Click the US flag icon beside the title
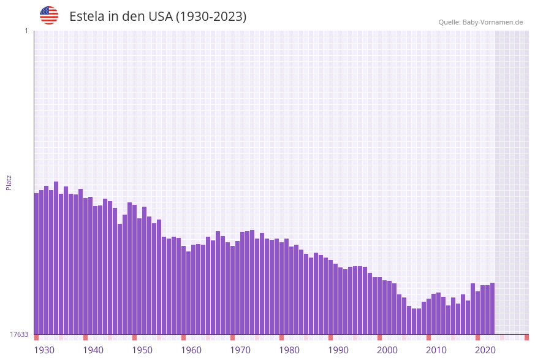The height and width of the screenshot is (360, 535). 49,15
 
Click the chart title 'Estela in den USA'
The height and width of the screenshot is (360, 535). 157,17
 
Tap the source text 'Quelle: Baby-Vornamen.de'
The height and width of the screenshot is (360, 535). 480,22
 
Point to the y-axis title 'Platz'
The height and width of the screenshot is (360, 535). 9,182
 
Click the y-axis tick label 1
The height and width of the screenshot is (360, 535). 26,31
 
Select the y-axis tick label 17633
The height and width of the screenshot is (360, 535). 19,334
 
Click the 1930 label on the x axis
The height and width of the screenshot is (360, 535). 44,350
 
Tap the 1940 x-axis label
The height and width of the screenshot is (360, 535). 93,350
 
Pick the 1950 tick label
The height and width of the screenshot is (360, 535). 142,350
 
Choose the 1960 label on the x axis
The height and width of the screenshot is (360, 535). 191,350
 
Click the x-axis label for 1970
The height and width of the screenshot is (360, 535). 240,350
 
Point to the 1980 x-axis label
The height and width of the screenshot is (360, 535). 289,350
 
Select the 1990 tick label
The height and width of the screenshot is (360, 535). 338,350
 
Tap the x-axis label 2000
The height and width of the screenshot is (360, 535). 387,350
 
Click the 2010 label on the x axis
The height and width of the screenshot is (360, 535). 436,350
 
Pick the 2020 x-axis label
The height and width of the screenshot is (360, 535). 485,350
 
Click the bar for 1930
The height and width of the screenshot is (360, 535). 36,264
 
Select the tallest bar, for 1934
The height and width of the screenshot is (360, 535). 56,258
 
